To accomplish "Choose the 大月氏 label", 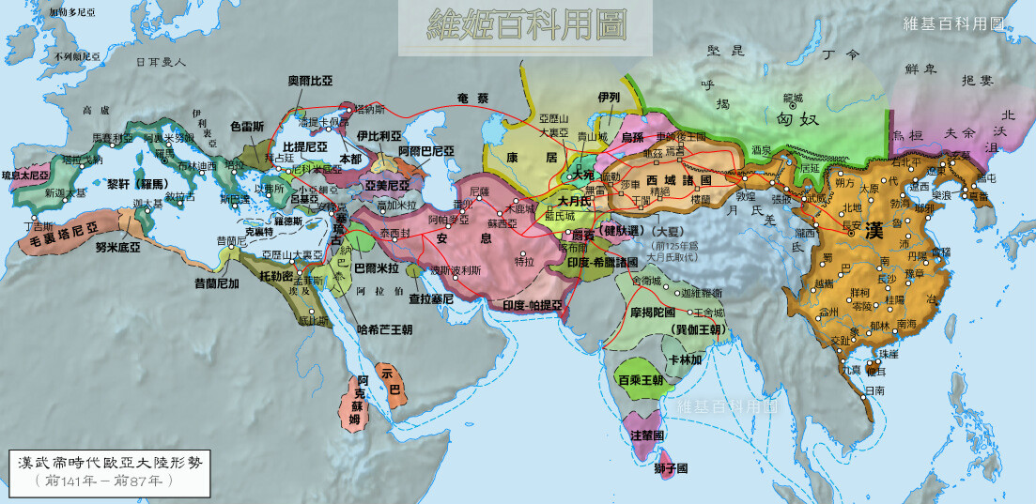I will pos(573,200).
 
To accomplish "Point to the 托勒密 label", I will pos(276,276).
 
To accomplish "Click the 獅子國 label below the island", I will pos(671,467).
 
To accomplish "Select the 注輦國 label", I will pos(646,435).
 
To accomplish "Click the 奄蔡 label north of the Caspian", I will pos(472,98).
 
